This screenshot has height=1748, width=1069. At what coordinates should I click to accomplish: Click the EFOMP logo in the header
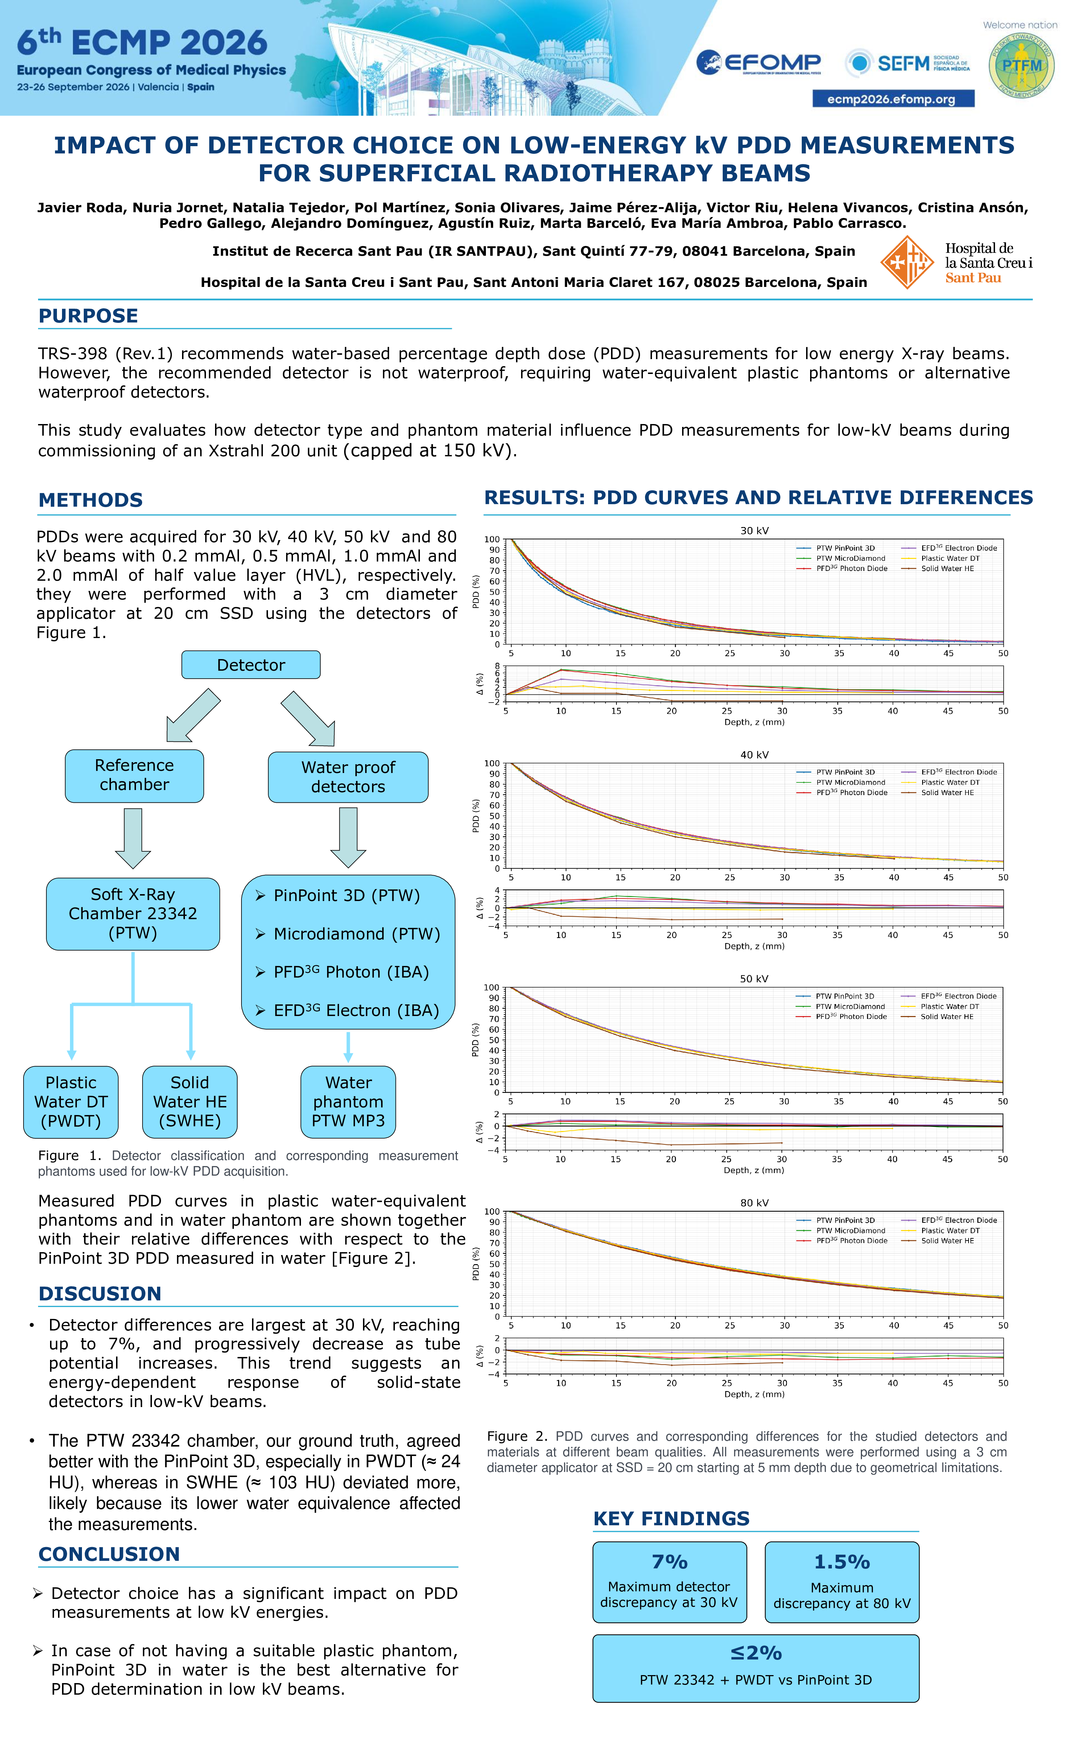coord(758,63)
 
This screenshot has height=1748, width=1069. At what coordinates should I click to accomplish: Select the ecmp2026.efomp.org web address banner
coord(893,99)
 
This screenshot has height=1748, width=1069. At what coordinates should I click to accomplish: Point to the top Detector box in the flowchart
coord(251,665)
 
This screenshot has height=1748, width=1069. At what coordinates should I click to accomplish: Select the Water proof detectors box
coord(348,777)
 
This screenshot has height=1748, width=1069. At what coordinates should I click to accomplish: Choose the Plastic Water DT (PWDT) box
coord(71,1102)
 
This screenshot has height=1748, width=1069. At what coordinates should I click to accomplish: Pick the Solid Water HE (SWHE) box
coord(190,1102)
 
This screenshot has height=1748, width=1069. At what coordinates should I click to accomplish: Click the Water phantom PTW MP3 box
coord(348,1102)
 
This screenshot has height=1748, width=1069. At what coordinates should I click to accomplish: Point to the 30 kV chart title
coord(755,531)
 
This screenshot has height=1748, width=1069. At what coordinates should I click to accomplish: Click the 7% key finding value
coord(670,1562)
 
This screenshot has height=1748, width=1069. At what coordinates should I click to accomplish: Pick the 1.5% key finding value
coord(842,1562)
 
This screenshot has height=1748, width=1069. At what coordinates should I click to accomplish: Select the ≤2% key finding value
coord(756,1653)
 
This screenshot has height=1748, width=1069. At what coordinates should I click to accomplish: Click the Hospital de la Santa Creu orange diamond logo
coord(907,263)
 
